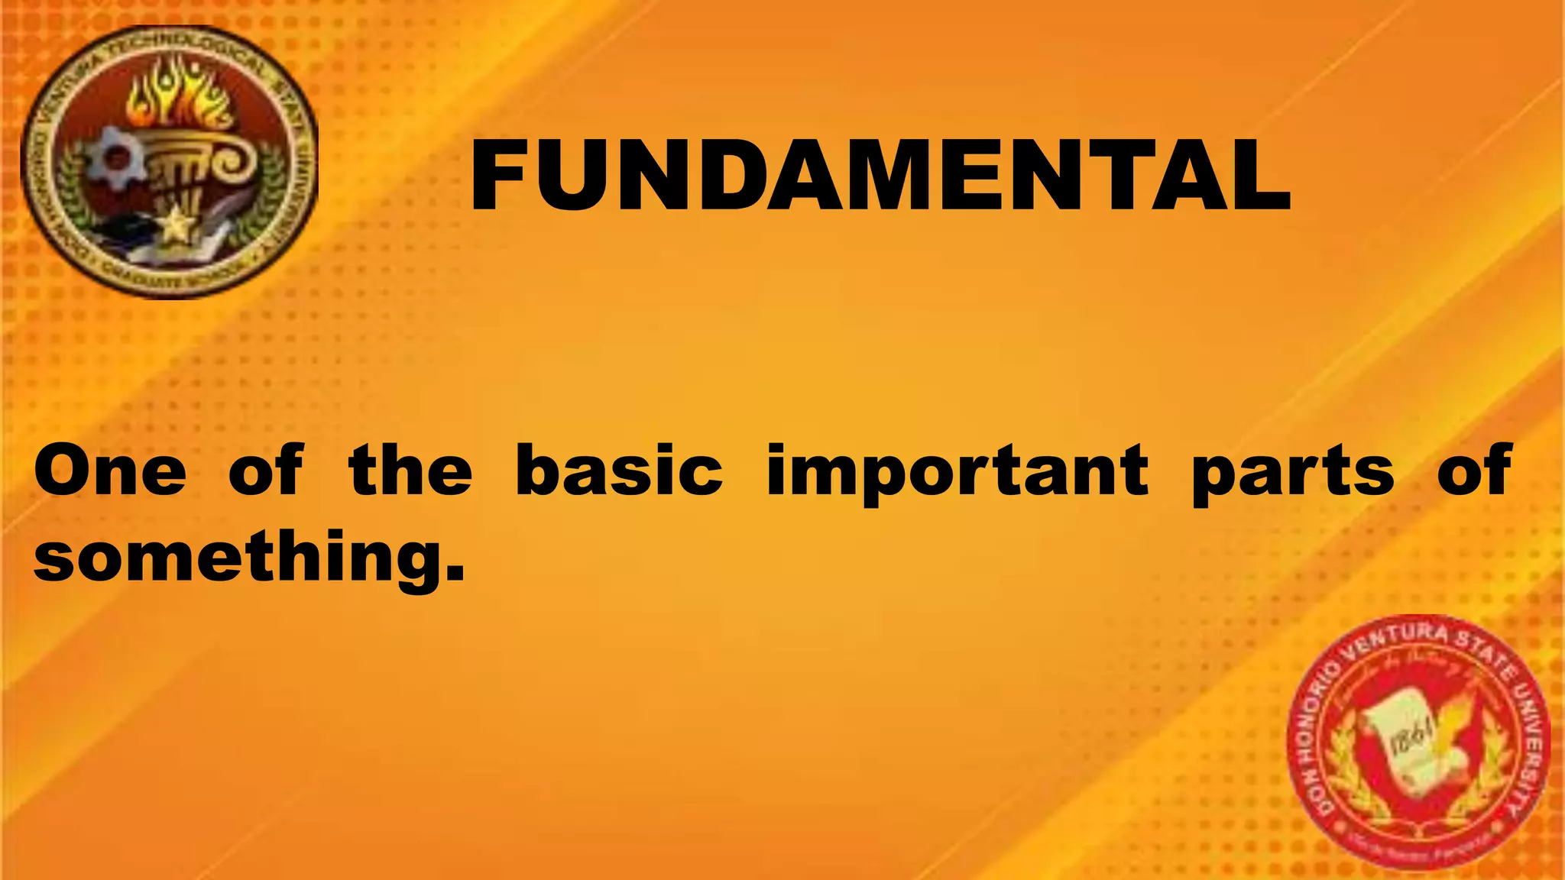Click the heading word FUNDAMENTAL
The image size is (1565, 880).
click(x=880, y=175)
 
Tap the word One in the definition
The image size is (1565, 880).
click(x=110, y=471)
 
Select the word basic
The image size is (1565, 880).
click(x=619, y=471)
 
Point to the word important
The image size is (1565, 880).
click(x=957, y=472)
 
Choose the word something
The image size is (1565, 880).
click(x=241, y=556)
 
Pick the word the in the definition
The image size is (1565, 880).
click(x=410, y=471)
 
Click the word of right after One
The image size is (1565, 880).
click(x=266, y=471)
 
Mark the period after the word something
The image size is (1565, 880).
click(x=455, y=573)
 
